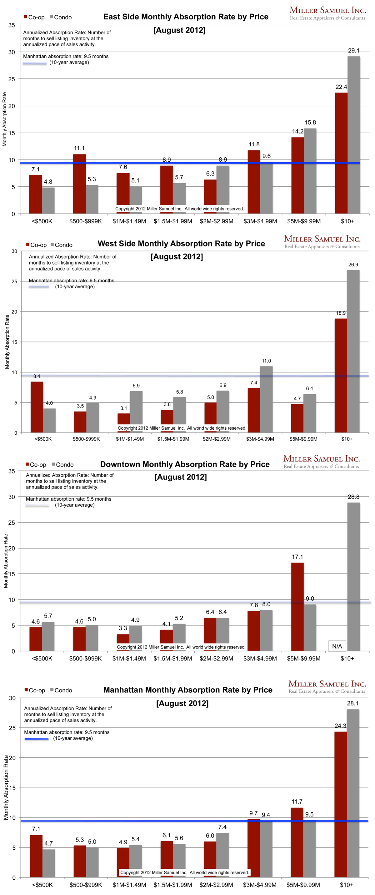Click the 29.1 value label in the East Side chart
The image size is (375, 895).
(353, 51)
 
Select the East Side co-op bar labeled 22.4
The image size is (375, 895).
(341, 153)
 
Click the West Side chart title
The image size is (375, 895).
(181, 244)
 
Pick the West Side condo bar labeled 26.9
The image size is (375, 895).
(353, 351)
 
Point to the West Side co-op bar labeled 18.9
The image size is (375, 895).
(341, 375)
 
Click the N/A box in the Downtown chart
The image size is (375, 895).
(337, 646)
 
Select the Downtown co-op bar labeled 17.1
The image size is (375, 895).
(297, 607)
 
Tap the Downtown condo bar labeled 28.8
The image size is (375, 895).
(353, 577)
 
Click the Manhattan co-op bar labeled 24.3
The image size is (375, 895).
(340, 804)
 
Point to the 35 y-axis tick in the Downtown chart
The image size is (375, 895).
(12, 471)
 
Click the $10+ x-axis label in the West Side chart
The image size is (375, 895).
(347, 439)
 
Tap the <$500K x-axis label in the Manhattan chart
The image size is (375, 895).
(42, 885)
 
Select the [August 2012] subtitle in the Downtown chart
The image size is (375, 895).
(181, 477)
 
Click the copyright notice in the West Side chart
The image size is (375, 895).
(182, 428)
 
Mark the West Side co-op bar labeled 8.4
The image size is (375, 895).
(37, 407)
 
